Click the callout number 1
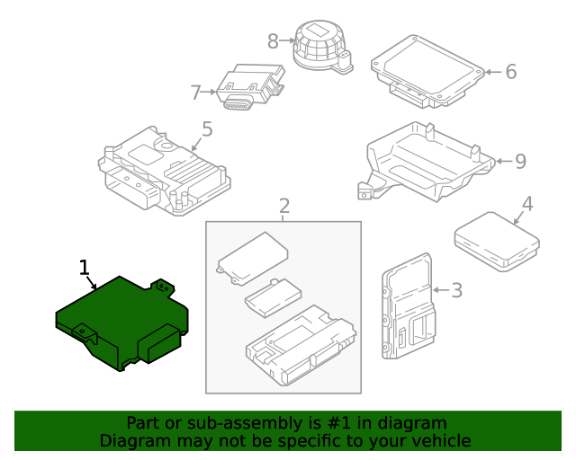click(x=85, y=267)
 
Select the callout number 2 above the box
click(x=283, y=208)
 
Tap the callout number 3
click(x=456, y=290)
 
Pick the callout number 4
click(x=527, y=204)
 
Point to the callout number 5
click(x=207, y=129)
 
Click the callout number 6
click(x=510, y=71)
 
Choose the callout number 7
click(x=195, y=92)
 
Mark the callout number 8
click(x=274, y=40)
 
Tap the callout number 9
click(x=519, y=162)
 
